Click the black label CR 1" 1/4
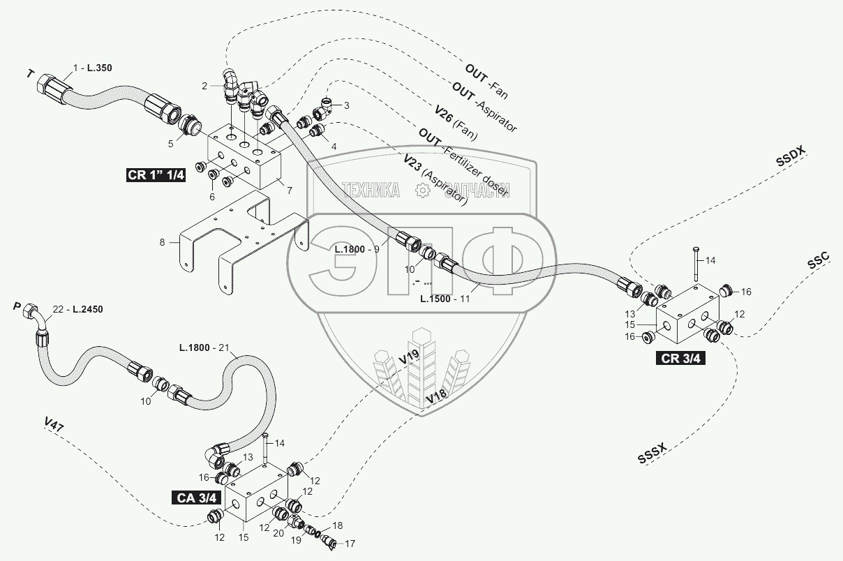(x=156, y=175)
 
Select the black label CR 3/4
(x=678, y=359)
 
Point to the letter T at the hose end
(x=29, y=73)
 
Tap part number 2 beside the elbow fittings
(x=204, y=87)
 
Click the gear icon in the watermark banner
(x=421, y=190)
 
